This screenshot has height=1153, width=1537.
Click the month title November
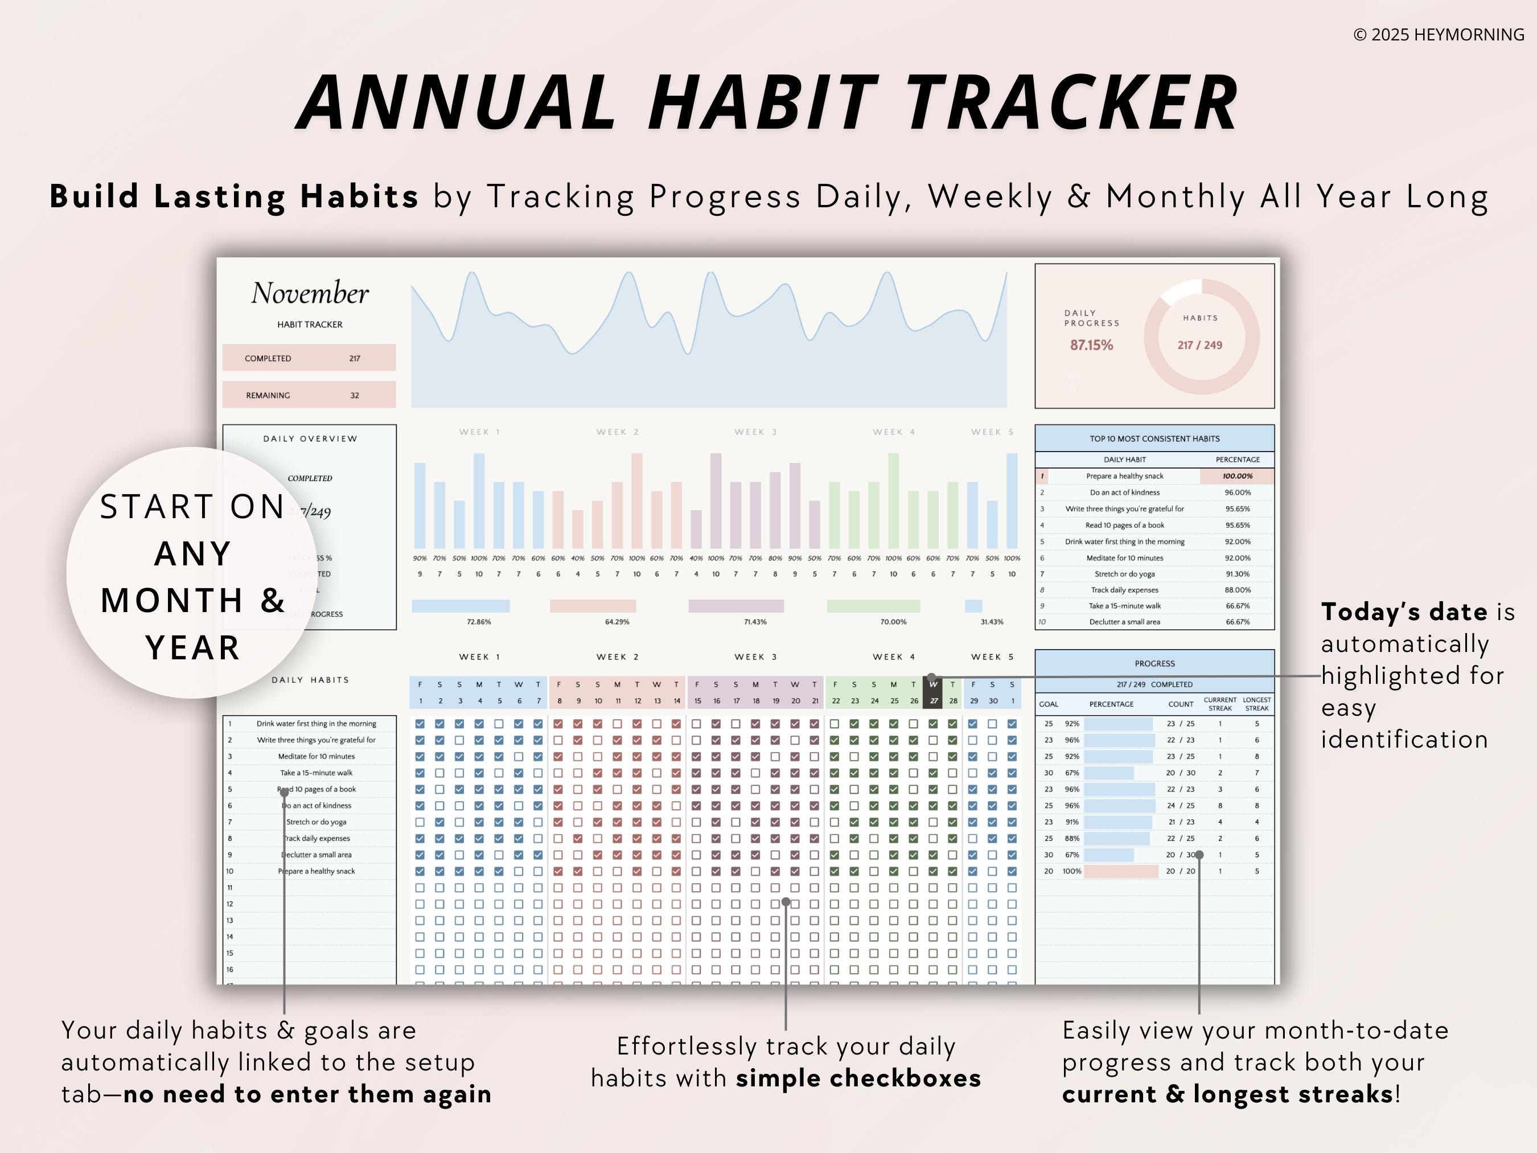coord(310,293)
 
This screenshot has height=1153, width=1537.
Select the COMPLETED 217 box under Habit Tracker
coord(309,358)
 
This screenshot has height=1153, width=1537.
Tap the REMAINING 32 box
coord(309,395)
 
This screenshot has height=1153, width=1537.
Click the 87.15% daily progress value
coord(1091,344)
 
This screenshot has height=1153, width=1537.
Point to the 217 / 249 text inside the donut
coord(1199,344)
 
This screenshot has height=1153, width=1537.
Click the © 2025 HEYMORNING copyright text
coord(1439,35)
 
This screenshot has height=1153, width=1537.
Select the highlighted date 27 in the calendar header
coord(933,700)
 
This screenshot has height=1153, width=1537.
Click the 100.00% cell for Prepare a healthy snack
coord(1237,476)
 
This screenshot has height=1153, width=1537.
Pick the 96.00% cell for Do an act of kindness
coord(1237,492)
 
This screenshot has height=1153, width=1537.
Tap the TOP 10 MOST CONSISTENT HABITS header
coord(1154,438)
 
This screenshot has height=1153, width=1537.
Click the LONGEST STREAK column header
coord(1256,704)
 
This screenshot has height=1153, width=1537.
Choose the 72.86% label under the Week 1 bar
coord(479,621)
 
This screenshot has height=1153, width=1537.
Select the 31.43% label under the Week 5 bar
coord(992,621)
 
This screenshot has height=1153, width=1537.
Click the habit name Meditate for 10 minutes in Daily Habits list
coord(316,756)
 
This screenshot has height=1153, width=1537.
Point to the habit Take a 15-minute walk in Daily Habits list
coord(316,773)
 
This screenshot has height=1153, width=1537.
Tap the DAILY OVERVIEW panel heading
coord(310,438)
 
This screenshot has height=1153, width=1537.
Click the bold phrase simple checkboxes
coord(858,1078)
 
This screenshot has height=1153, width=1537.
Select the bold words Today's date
coord(1404,612)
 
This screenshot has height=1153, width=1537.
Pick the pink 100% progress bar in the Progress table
coord(1120,871)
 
